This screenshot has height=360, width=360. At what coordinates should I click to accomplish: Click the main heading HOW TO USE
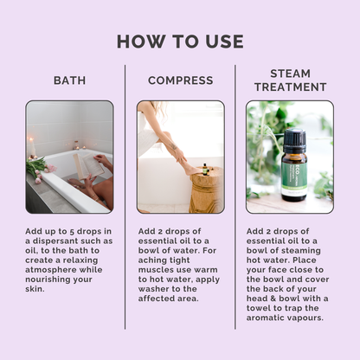(180, 42)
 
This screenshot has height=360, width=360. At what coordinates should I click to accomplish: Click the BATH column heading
(69, 80)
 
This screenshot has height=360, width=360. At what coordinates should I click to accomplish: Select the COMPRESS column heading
(180, 80)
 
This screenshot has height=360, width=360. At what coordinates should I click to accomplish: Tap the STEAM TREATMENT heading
(290, 80)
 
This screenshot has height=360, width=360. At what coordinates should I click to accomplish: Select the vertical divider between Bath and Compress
(125, 195)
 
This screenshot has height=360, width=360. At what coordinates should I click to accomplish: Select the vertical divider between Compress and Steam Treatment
(235, 195)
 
